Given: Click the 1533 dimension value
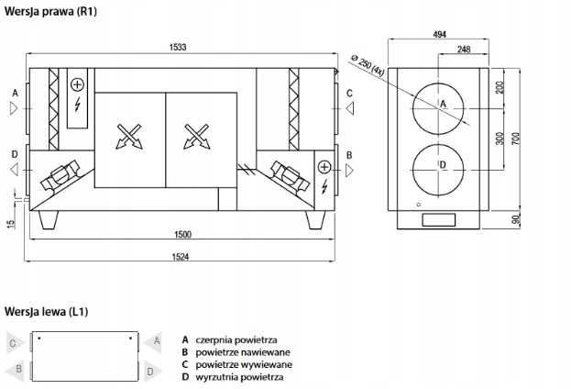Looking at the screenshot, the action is point(178,48).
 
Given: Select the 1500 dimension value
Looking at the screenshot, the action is point(182,235).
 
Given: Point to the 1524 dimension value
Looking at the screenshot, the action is point(181,257).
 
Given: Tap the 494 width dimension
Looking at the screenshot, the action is point(440,34).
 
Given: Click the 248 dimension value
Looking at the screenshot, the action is point(464,50).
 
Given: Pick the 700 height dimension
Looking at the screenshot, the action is point(516,139).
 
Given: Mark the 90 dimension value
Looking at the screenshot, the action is point(516,219).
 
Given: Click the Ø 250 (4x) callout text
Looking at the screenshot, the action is point(368,65).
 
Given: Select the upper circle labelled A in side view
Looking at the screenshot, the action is point(438,108).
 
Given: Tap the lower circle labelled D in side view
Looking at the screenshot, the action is point(438,170).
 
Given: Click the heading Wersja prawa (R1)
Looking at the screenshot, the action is point(50,11).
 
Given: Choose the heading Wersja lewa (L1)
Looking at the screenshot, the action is point(46,312).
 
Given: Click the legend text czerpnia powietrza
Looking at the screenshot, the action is point(236,339).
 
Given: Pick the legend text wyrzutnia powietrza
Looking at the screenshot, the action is point(239,377).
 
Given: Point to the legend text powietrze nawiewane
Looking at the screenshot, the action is point(243,352).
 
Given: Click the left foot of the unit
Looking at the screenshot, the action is point(49,220).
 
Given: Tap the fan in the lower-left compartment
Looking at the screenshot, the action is point(60,175).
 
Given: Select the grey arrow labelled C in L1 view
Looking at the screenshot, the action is point(16,343).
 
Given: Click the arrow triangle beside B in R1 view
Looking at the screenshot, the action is point(349,171).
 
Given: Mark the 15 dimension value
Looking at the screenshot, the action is point(11,224).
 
